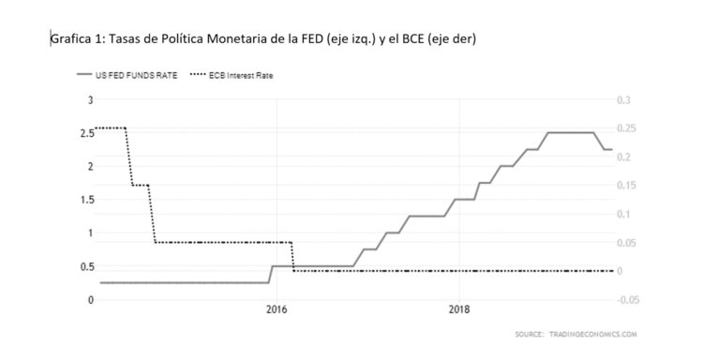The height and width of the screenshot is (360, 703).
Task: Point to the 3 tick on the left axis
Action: tap(90, 100)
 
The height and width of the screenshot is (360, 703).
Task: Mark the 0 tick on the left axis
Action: tap(90, 300)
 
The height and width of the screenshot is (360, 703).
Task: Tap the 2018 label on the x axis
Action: tap(458, 310)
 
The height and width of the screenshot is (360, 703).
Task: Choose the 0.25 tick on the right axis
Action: tap(625, 128)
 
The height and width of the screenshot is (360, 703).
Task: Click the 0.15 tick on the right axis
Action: tap(625, 186)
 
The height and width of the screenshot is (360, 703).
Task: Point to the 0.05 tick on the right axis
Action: tap(625, 243)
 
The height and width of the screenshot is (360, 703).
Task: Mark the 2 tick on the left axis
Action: tap(90, 167)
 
